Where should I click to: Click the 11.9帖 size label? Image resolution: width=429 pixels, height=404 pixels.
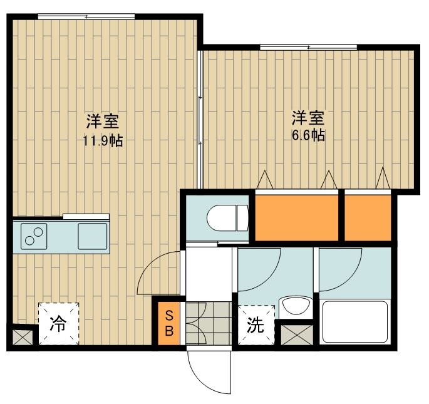(103, 141)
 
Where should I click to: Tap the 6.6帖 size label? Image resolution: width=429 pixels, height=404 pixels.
(309, 135)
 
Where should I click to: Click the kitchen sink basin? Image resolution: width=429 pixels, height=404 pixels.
(91, 237)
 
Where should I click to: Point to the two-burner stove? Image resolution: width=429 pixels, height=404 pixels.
(34, 237)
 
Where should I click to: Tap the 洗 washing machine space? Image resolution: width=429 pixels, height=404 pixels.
(256, 324)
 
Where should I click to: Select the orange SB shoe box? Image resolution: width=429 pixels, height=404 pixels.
(168, 323)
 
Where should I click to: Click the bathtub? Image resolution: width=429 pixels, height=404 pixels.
(354, 322)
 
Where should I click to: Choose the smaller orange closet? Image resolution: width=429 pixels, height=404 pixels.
(368, 217)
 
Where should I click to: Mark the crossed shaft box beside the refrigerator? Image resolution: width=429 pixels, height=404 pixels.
(22, 338)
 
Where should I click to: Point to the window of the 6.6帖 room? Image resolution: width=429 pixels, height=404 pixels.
(308, 46)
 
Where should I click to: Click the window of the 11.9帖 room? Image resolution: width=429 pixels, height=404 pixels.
(86, 16)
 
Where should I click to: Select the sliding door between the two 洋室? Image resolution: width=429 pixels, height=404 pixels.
(200, 119)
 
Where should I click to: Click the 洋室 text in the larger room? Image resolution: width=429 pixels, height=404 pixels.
(103, 120)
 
